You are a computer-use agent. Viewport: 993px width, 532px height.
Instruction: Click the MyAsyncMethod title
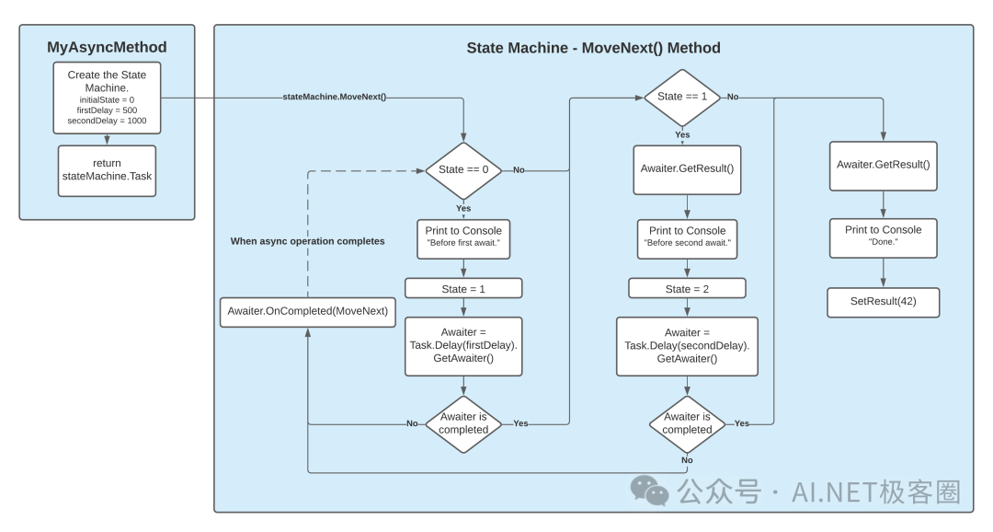pos(107,47)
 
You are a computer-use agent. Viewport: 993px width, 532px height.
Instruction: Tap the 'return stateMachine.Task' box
pos(107,169)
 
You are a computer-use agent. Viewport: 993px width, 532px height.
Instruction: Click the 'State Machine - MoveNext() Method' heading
pos(593,47)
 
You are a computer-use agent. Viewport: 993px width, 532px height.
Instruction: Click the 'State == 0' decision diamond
pos(463,169)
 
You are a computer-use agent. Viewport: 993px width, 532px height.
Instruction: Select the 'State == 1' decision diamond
pos(682,97)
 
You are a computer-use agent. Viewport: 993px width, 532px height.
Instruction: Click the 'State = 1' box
pos(463,288)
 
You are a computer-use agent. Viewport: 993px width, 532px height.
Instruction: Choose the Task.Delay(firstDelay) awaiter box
pos(463,346)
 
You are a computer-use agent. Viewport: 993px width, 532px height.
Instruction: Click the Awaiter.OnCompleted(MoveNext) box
pos(307,310)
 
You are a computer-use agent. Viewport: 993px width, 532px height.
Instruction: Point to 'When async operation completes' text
pos(307,241)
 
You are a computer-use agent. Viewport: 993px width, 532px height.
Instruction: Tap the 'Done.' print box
pos(883,236)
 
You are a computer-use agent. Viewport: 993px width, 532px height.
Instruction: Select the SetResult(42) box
pos(883,303)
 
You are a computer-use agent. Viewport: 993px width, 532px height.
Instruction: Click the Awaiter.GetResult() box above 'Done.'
pos(883,166)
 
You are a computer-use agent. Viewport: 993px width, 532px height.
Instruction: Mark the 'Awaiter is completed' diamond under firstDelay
pos(463,423)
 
